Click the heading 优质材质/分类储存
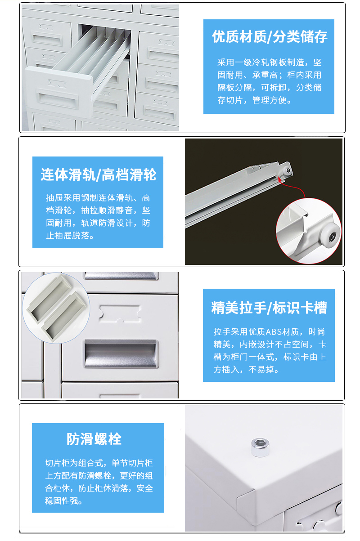(269, 37)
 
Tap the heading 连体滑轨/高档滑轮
(98, 174)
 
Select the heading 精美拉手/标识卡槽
(269, 308)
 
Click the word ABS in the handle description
(273, 332)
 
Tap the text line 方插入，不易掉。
(246, 370)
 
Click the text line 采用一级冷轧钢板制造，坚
(269, 63)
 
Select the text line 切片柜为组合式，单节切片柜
(99, 463)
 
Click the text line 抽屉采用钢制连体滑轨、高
(98, 197)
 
